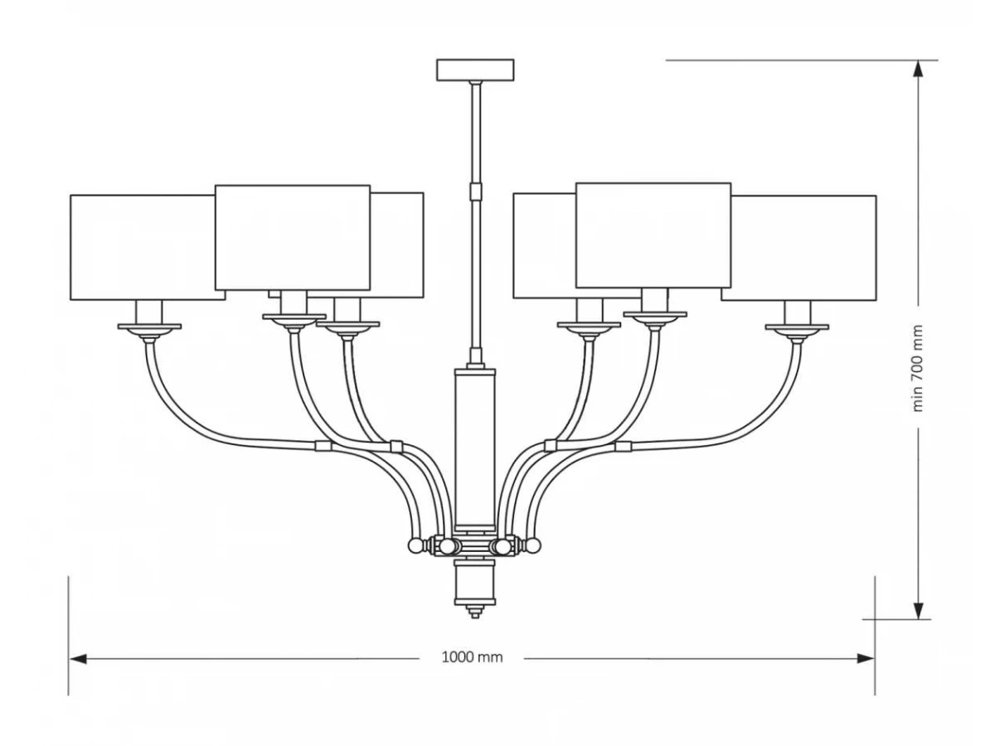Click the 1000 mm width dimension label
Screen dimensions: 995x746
pyautogui.click(x=472, y=656)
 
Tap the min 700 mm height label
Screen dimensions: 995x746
pyautogui.click(x=917, y=367)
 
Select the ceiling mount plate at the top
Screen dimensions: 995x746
pyautogui.click(x=475, y=70)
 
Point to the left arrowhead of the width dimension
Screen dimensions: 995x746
pyautogui.click(x=77, y=658)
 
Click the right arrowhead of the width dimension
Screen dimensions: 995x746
pyautogui.click(x=866, y=658)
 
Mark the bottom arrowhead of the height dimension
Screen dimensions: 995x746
pyautogui.click(x=918, y=610)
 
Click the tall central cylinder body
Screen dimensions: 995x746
pyautogui.click(x=475, y=447)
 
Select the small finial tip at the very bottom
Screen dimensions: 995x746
pyautogui.click(x=475, y=613)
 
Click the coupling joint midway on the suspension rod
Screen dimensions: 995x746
pyautogui.click(x=475, y=191)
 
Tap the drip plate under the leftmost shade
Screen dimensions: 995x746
pyautogui.click(x=149, y=326)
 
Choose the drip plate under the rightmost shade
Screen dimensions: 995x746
pyautogui.click(x=798, y=327)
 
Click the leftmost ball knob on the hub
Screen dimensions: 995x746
pyautogui.click(x=415, y=546)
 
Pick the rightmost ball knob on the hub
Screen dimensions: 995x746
pyautogui.click(x=534, y=545)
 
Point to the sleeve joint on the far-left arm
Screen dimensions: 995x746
pyautogui.click(x=323, y=446)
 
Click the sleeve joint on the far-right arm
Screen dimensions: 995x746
pyautogui.click(x=624, y=447)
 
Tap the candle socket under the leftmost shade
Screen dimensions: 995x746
pyautogui.click(x=149, y=312)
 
